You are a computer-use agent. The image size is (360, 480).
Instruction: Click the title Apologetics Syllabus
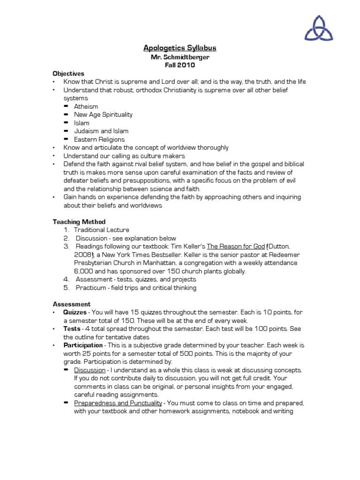(180, 48)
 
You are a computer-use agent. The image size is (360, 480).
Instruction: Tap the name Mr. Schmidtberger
(180, 57)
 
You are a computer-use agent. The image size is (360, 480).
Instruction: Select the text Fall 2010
(180, 65)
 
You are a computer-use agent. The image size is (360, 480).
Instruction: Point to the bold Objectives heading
(68, 74)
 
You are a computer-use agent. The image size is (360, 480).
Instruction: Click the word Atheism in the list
(86, 106)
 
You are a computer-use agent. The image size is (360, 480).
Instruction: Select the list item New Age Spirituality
(103, 114)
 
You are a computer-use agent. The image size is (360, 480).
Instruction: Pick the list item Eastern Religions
(99, 139)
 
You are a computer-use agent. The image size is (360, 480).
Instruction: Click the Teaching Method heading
(79, 222)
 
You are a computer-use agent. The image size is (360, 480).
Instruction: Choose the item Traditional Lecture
(102, 230)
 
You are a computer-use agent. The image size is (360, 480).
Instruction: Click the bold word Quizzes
(75, 312)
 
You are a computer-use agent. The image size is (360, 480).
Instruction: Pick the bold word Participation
(83, 345)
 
